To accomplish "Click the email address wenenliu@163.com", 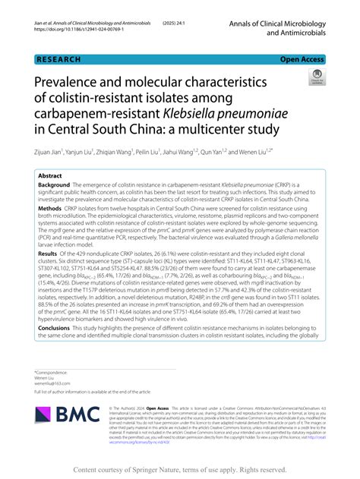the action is click(x=55, y=385).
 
